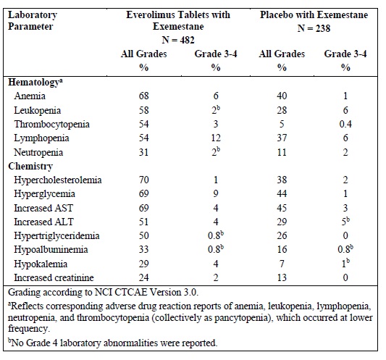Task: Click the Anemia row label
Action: coord(30,96)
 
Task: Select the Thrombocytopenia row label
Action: coord(51,124)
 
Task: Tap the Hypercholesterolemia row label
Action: coord(58,180)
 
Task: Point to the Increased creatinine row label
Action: coord(54,277)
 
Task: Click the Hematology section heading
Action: coord(35,83)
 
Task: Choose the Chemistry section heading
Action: coord(30,166)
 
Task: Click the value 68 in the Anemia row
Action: coord(144,96)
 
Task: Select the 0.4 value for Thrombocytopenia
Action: coord(345,124)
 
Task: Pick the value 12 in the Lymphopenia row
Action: coord(216,138)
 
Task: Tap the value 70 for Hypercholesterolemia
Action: coord(144,180)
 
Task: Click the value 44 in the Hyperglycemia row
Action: coord(282,193)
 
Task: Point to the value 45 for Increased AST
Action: coord(282,208)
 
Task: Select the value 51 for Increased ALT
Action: coord(144,222)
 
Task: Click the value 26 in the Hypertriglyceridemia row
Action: coord(282,235)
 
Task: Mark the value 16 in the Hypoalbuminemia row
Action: coord(282,249)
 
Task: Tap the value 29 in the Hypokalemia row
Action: coord(144,264)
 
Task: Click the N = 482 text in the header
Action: coord(178,40)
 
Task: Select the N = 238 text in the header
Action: coord(314,28)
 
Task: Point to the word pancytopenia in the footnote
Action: coord(241,318)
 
